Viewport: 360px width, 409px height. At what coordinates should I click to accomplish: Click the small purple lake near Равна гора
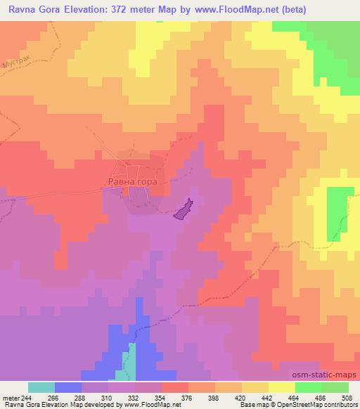click(x=184, y=209)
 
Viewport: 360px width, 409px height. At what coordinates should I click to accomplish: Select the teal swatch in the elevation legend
click(x=41, y=387)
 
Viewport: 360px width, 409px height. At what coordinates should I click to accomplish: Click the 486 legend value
click(x=321, y=398)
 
